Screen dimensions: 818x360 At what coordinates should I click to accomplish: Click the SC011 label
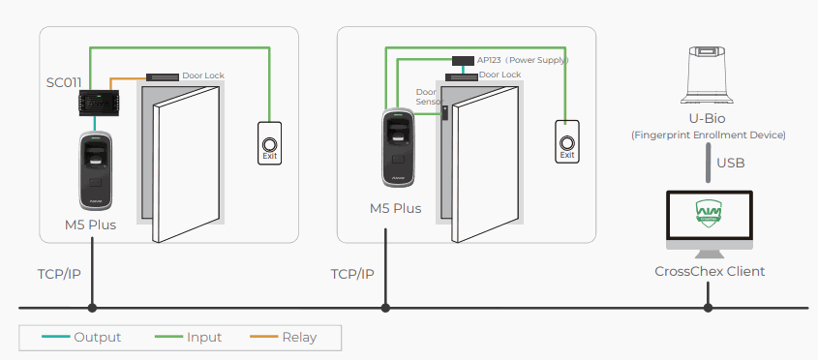[x=64, y=82]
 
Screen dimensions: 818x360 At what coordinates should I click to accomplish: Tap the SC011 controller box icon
[x=99, y=103]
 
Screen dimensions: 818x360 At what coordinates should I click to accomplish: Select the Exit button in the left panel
[x=269, y=143]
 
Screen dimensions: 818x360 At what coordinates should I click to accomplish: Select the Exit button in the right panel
[x=567, y=142]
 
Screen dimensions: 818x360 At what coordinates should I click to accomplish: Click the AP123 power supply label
[x=522, y=60]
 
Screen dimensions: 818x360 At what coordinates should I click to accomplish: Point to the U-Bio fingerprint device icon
[x=707, y=75]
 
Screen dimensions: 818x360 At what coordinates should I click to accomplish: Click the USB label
[x=730, y=164]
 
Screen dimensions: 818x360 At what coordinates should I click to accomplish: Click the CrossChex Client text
[x=710, y=272]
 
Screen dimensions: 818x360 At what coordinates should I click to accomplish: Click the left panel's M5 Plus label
[x=90, y=225]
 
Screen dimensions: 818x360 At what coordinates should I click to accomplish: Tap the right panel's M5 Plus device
[x=398, y=148]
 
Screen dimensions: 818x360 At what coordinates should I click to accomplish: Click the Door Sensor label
[x=430, y=97]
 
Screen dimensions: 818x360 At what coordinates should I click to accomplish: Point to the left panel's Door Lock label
[x=203, y=75]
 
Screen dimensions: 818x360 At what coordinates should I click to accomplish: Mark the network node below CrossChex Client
[x=708, y=308]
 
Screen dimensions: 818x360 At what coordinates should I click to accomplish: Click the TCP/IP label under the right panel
[x=352, y=274]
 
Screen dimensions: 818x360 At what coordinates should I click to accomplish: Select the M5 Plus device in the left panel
[x=96, y=170]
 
